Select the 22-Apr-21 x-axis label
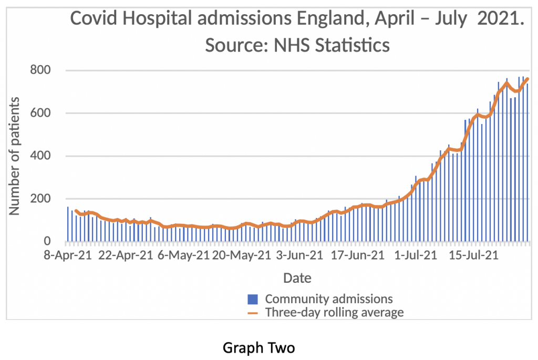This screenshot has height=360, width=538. [125, 256]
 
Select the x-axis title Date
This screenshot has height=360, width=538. [297, 278]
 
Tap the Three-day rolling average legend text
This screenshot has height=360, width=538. [334, 313]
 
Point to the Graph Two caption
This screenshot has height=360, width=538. [258, 348]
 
